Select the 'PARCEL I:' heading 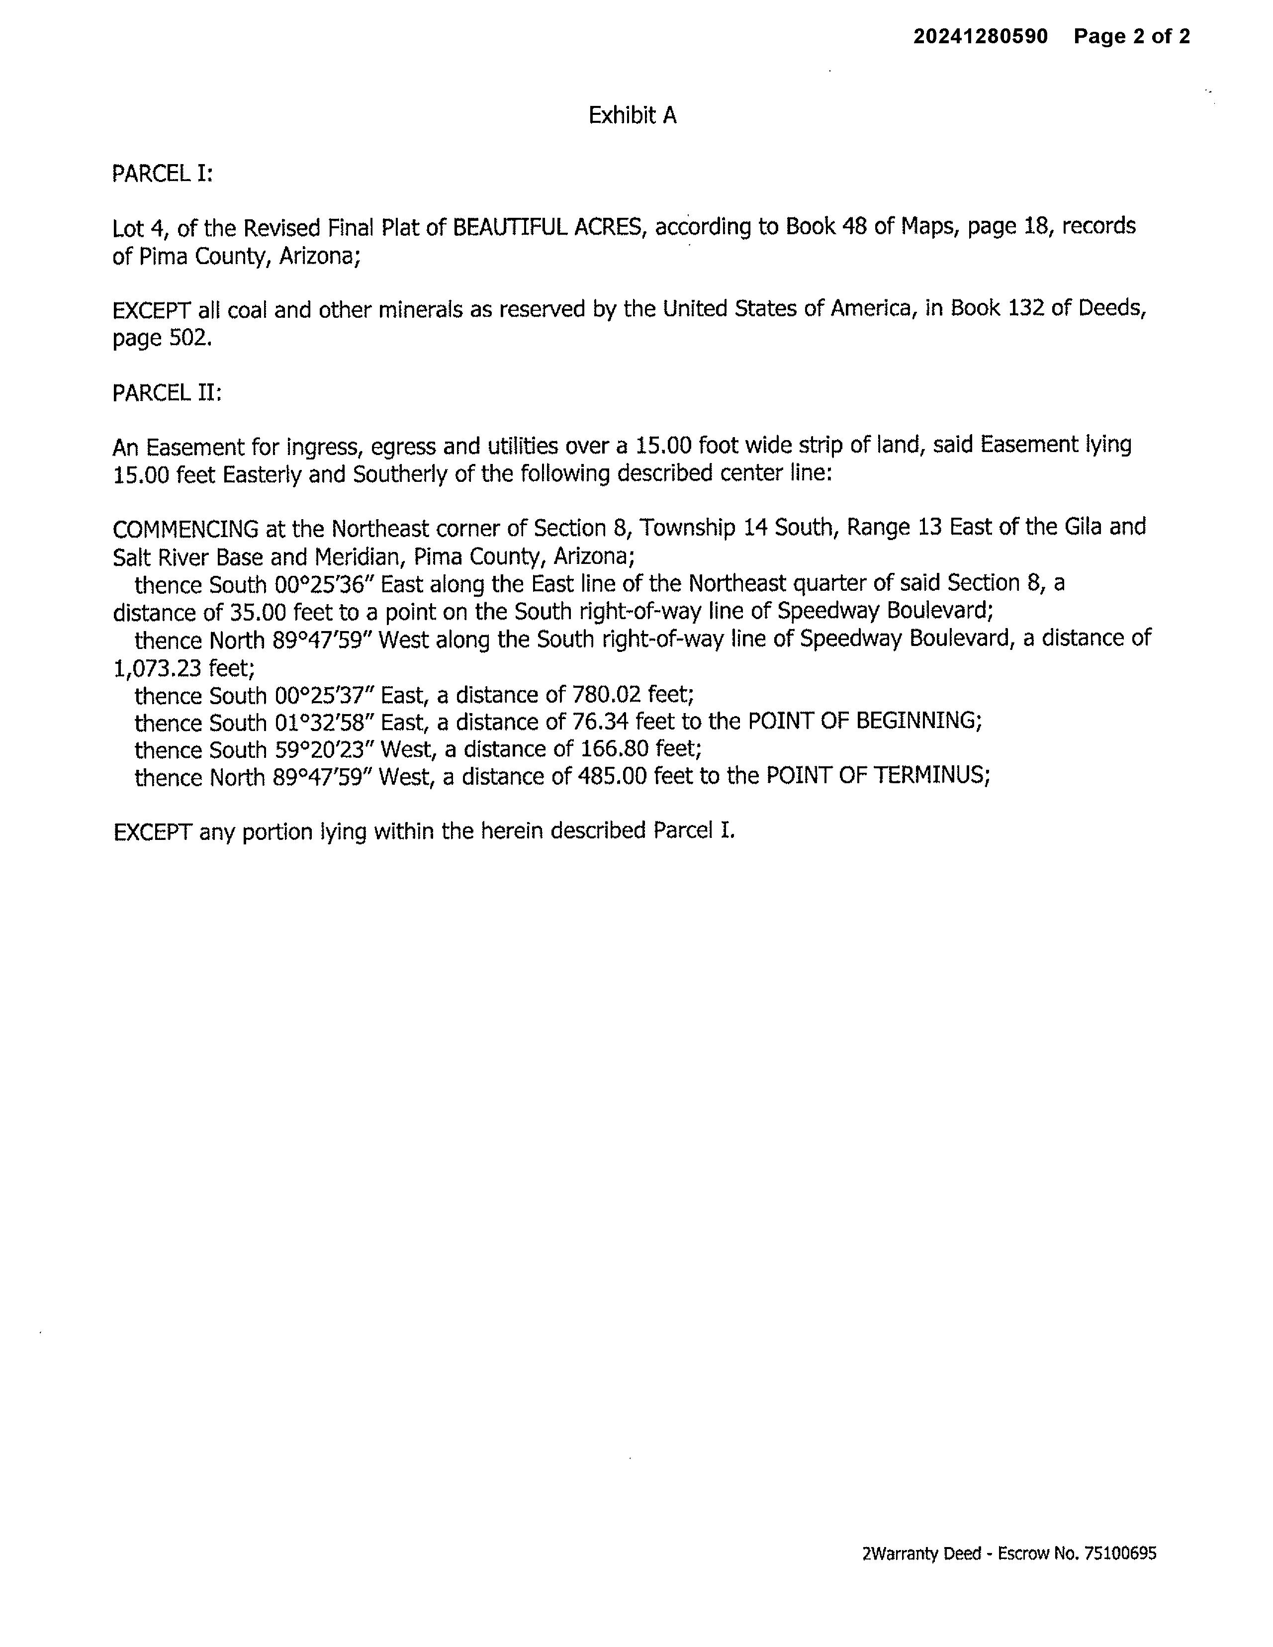coord(162,174)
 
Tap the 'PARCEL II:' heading coord(167,393)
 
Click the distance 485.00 coord(612,777)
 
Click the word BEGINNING coord(918,721)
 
